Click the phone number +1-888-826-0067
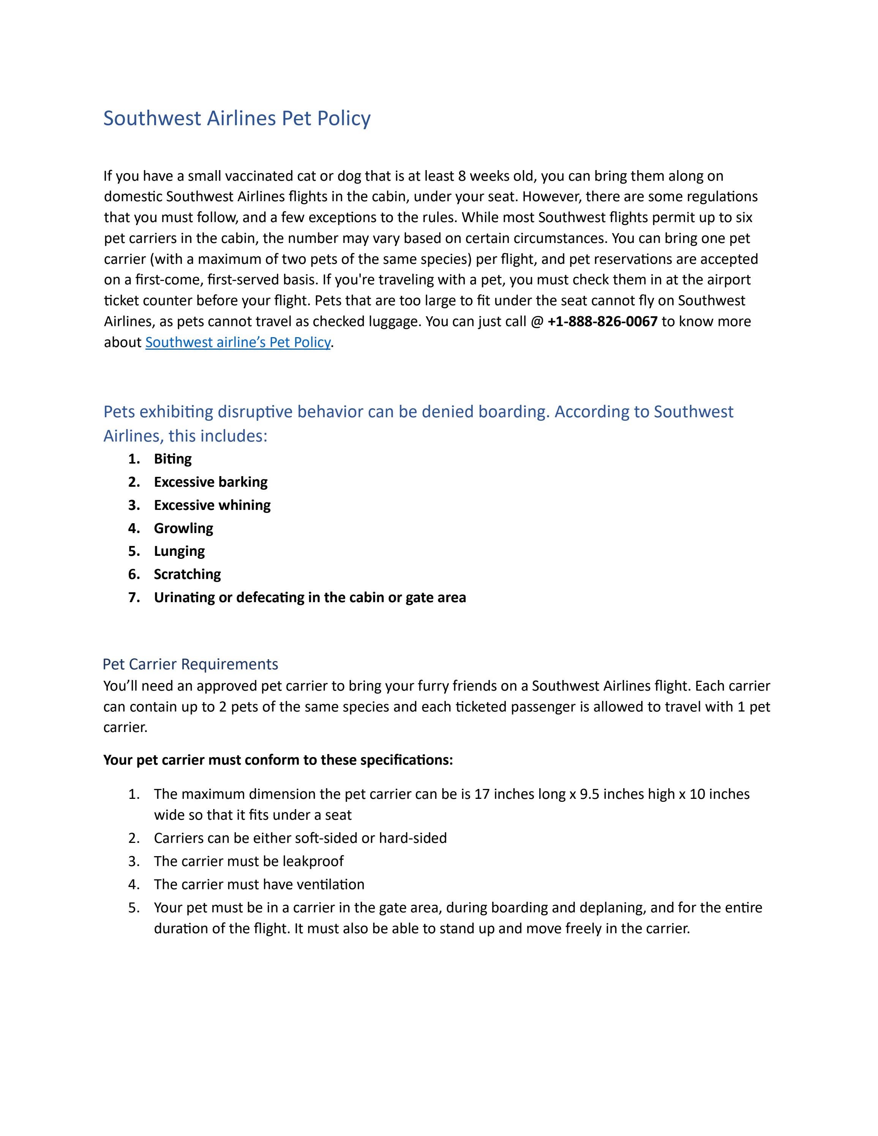(x=602, y=322)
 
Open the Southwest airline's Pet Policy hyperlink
(x=238, y=342)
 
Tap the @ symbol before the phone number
(x=537, y=322)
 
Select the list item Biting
(x=173, y=459)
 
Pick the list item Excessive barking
(x=211, y=482)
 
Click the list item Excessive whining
(x=212, y=505)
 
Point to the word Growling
(x=183, y=529)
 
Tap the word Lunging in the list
(x=180, y=551)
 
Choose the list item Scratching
(x=187, y=574)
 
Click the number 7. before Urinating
(x=134, y=597)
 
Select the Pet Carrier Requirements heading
(x=190, y=664)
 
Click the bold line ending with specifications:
(x=278, y=760)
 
